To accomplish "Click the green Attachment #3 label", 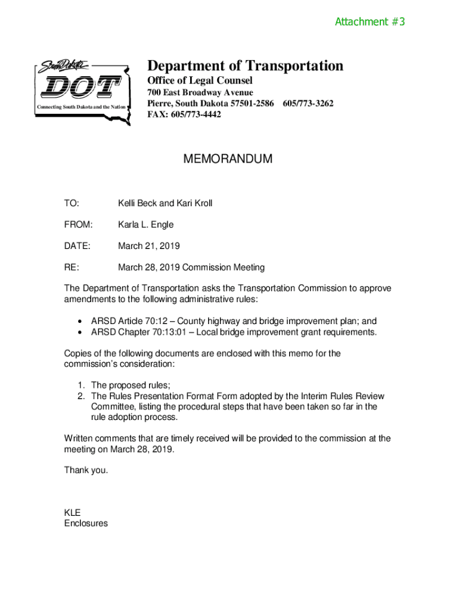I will coord(370,22).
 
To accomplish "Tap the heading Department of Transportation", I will coord(245,66).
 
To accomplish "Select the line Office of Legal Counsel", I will coord(200,80).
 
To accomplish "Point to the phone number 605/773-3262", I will coord(308,104).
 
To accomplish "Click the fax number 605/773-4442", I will coord(197,114).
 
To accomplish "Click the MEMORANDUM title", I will coord(228,159).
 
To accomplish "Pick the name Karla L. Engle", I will coord(145,225).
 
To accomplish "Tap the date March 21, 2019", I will coord(148,246).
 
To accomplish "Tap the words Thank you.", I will coord(86,470).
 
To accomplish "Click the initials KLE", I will coord(72,513).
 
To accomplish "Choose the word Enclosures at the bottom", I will coord(86,524).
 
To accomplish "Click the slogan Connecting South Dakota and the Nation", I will coord(82,107).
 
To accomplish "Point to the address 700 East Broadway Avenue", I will coord(200,92).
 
